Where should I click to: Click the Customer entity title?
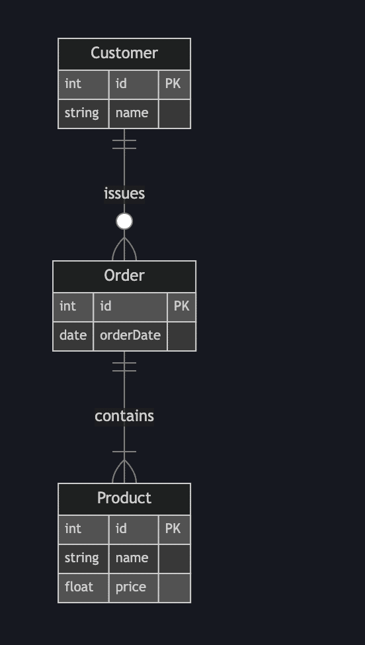[124, 53]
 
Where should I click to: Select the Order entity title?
[124, 275]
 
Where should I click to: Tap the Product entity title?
[124, 498]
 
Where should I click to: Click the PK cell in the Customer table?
[175, 84]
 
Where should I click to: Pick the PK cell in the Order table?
[181, 307]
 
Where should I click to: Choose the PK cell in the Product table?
[175, 529]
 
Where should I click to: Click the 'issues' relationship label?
[124, 193]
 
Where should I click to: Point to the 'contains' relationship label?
[124, 416]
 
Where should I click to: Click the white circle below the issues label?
[124, 221]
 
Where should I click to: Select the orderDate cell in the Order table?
[130, 336]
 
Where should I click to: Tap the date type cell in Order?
[73, 336]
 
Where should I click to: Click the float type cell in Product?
[83, 588]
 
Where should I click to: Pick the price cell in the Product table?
[134, 588]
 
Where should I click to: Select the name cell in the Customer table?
[134, 113]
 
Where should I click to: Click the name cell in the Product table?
[134, 559]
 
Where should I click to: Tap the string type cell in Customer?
[83, 113]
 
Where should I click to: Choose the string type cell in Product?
[83, 559]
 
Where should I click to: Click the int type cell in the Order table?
[73, 307]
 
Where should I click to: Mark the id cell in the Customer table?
[134, 84]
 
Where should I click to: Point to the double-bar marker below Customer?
[124, 144]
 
